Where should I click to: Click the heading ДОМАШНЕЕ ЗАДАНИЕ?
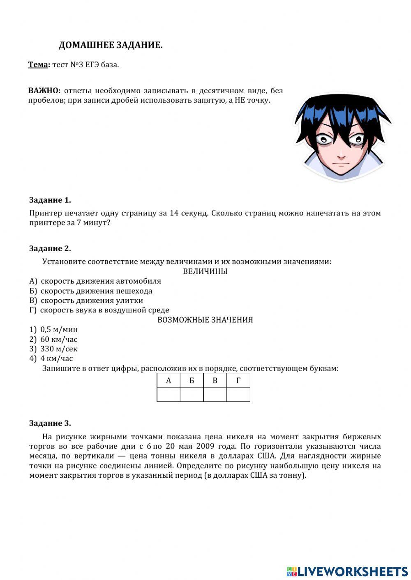pos(110,46)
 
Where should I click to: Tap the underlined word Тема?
pos(38,65)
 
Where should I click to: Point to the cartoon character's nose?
pos(341,156)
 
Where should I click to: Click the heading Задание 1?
pos(50,200)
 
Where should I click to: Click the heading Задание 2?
pos(50,248)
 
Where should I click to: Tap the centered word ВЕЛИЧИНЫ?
pos(205,271)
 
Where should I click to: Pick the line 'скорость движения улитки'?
pos(91,300)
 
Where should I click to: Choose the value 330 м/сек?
pos(58,349)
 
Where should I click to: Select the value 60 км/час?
pos(58,339)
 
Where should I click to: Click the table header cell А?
pos(169,381)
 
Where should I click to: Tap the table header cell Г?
pos(238,381)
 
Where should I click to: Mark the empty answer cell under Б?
pos(192,394)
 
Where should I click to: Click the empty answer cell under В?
pos(215,394)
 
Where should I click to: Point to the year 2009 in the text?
pos(205,446)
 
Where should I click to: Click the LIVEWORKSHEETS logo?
pos(347,571)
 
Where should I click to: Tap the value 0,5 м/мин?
pos(59,330)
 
